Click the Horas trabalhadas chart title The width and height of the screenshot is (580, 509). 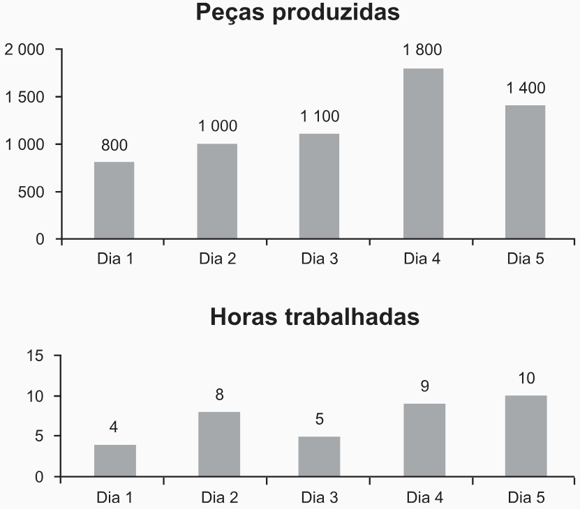[315, 317]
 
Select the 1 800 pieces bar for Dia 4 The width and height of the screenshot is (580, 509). [423, 153]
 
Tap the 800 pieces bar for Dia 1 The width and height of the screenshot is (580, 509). [114, 201]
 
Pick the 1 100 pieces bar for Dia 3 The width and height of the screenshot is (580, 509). [319, 186]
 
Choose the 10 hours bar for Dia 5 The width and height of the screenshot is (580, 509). [526, 436]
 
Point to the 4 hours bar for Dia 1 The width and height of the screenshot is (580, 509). [115, 461]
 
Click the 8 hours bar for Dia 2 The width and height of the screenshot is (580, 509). [219, 444]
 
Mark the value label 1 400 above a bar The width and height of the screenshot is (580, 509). [526, 89]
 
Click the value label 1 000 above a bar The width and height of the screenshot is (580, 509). [217, 126]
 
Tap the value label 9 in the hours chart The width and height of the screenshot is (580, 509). [424, 386]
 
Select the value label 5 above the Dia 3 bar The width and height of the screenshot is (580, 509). [319, 419]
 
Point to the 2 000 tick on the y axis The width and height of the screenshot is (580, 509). [24, 50]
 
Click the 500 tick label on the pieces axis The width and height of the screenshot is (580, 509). [31, 192]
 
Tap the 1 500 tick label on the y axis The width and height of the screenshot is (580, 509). [24, 97]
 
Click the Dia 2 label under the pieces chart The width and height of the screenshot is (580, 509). [217, 259]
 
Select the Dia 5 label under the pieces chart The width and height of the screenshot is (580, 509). [526, 259]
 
